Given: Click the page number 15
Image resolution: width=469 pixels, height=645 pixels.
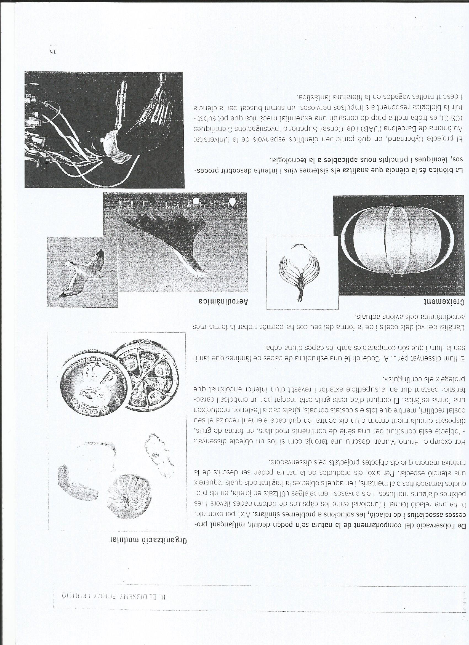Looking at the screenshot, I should pyautogui.click(x=53, y=52).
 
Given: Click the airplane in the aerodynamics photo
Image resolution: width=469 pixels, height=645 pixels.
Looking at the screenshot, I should pyautogui.click(x=171, y=245).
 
